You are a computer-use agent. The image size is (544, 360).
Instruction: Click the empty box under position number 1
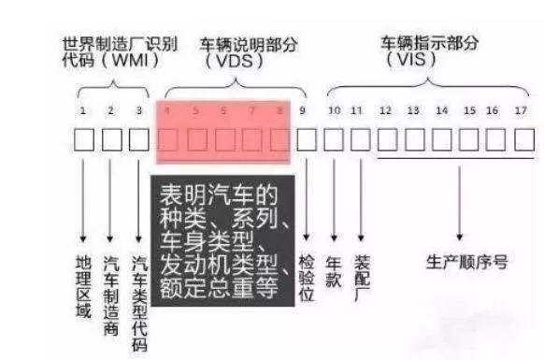(x=84, y=139)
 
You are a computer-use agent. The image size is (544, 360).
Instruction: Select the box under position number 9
(x=307, y=139)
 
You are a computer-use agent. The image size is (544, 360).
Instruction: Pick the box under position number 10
(x=334, y=139)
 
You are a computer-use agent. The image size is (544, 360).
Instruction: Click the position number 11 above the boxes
(x=356, y=111)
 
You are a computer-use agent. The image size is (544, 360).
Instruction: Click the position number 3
(x=139, y=111)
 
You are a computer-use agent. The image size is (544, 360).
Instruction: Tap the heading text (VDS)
(x=235, y=60)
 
